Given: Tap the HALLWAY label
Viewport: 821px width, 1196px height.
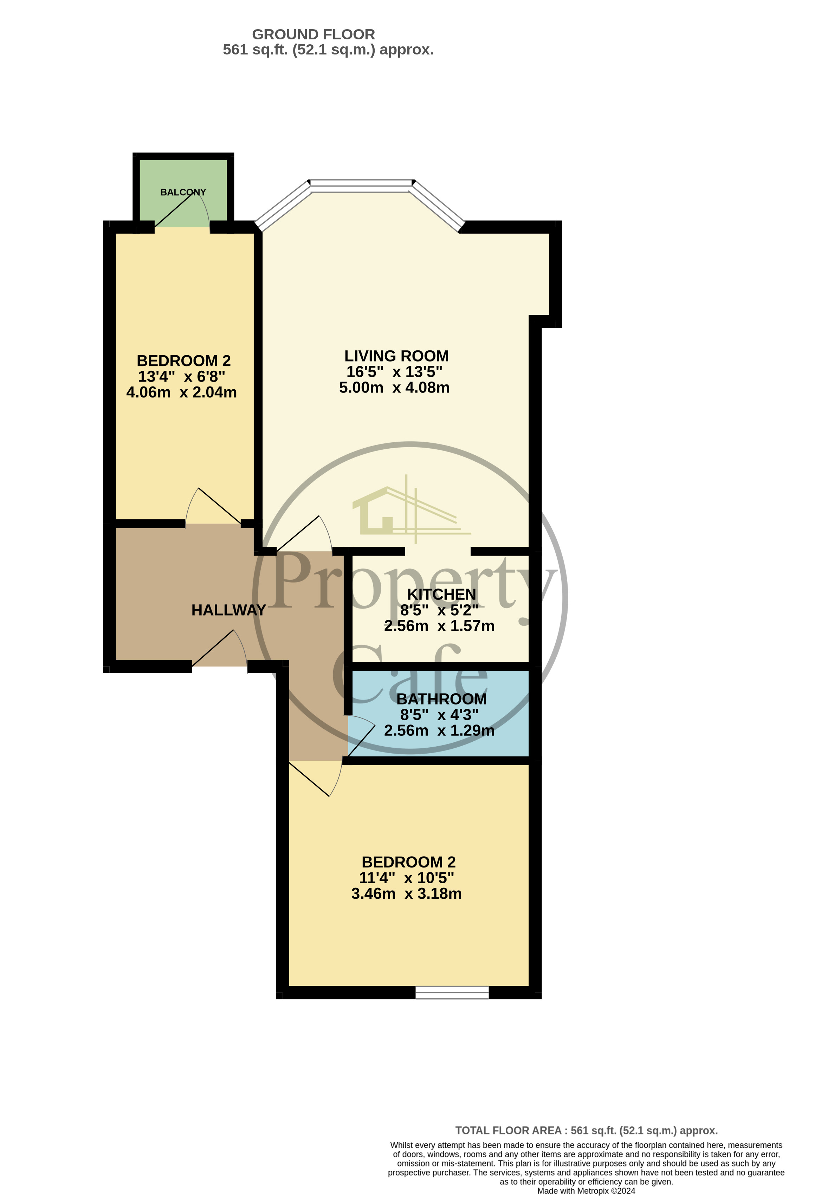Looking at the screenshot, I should coord(228,610).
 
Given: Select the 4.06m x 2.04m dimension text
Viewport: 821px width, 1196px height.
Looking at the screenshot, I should coord(181,392).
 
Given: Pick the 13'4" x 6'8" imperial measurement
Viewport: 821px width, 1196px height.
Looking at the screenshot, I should coord(181,376).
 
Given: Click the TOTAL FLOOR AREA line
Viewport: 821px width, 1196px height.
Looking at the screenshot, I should coord(586,1130).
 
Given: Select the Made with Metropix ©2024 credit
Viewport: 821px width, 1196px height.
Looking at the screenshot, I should coord(586,1190).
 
